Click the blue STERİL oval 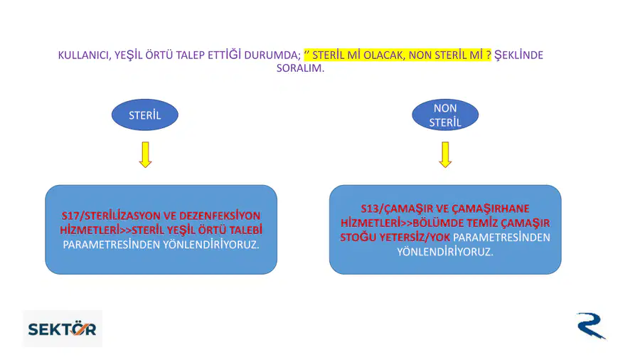(x=145, y=115)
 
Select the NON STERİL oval (x=445, y=115)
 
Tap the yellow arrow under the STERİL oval (x=145, y=154)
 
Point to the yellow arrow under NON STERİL (x=445, y=154)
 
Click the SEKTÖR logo (x=63, y=329)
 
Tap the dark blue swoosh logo (x=591, y=326)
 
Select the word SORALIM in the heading (x=300, y=68)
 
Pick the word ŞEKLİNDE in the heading (x=518, y=55)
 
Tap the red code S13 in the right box (x=370, y=208)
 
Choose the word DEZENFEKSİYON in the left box (x=220, y=216)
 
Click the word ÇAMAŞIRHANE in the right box (x=490, y=208)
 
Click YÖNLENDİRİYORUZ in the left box (x=211, y=245)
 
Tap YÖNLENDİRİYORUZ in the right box (x=445, y=251)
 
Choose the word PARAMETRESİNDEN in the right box (x=501, y=237)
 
